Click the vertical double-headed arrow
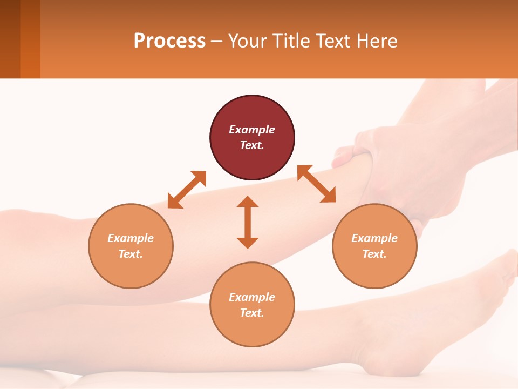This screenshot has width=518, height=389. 248,222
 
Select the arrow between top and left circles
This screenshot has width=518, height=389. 187,190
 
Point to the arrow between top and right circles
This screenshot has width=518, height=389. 316,184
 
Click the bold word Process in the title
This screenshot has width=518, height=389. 169,41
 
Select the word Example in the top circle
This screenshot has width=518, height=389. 252,130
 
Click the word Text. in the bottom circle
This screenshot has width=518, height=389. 252,313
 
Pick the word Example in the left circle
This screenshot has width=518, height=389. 131,238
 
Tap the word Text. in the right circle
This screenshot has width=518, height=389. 374,254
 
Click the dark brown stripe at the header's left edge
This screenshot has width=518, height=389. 10,39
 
